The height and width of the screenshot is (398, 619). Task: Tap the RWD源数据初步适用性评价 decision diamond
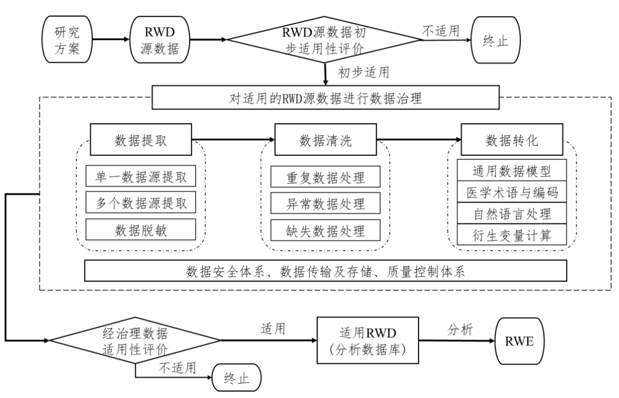coord(325,39)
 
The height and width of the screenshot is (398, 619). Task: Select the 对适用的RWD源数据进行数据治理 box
coord(325,99)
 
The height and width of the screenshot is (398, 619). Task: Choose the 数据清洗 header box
coord(325,140)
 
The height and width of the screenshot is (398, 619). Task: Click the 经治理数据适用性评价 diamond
coord(135,340)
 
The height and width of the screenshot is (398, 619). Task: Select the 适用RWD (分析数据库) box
coord(367,340)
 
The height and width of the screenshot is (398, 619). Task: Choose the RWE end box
coord(518,340)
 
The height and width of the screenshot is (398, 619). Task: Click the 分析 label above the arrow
coord(459,330)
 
